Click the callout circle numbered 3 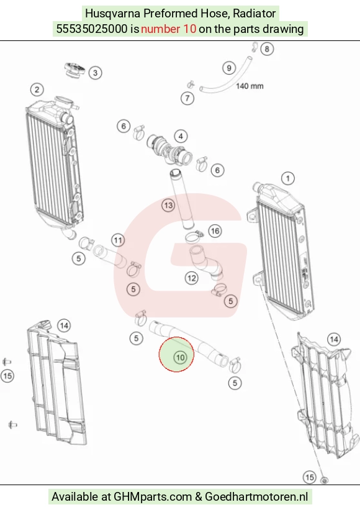point(95,73)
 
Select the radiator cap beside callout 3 point(75,70)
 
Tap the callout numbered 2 point(37,90)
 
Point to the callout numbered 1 point(287,178)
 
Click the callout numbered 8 point(267,49)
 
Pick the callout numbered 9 point(229,68)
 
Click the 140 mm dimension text point(250,86)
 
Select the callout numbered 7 point(187,98)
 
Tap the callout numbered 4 point(181,136)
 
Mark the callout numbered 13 point(168,205)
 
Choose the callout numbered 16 point(215,231)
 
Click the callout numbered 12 point(191,278)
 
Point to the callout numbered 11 point(117,240)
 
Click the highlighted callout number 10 point(180,357)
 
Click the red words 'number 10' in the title point(169,29)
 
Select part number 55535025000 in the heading point(92,29)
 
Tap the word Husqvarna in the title point(113,14)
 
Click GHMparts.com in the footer point(153,497)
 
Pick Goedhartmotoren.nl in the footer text point(257,497)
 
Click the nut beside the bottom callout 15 point(323,480)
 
